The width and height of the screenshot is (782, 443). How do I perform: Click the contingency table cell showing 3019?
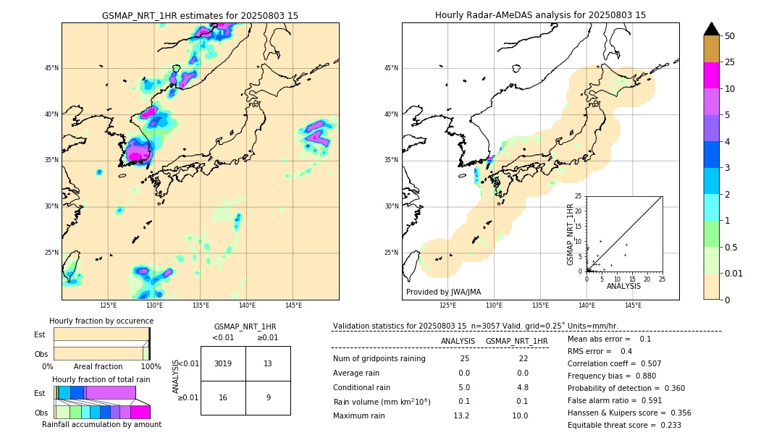[x=223, y=363]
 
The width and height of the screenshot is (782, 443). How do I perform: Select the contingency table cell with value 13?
[x=268, y=363]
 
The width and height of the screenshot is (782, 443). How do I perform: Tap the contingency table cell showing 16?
[x=223, y=397]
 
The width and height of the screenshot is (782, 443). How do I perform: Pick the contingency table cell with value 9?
[x=268, y=397]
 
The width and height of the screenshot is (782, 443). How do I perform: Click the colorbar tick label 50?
[x=730, y=36]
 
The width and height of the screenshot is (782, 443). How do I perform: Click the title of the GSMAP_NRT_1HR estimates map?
[x=200, y=15]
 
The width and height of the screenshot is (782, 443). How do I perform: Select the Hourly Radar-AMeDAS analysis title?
[x=540, y=15]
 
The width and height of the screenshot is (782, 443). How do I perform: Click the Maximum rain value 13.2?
[x=461, y=415]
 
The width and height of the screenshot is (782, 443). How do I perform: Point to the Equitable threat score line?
[x=624, y=425]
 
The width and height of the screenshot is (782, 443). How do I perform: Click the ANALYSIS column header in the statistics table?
[x=458, y=341]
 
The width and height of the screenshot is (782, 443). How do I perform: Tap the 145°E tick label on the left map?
[x=293, y=305]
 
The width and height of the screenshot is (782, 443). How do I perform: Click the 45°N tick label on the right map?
[x=391, y=68]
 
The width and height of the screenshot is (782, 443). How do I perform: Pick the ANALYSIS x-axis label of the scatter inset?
[x=623, y=286]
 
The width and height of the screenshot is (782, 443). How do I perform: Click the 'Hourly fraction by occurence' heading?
[x=101, y=321]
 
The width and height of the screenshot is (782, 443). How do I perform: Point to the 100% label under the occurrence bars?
[x=151, y=366]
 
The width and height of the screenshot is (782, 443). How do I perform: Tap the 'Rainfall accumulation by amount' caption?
[x=101, y=424]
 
